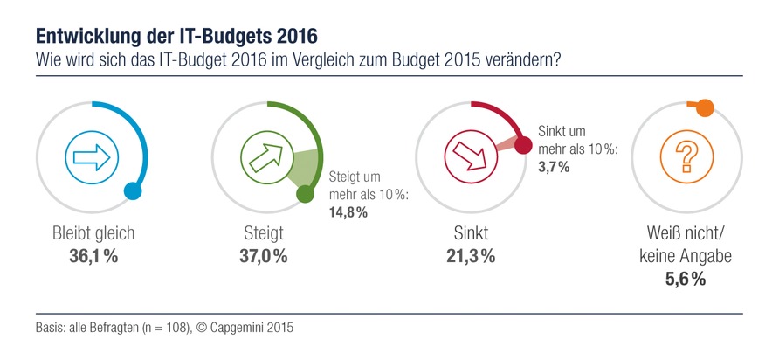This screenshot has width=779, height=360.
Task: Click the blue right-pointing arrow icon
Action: click(x=87, y=157)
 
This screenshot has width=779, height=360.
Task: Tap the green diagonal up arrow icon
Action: click(x=264, y=157)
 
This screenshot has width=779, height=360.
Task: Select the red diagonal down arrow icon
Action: click(x=466, y=157)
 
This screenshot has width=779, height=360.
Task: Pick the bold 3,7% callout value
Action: click(x=554, y=167)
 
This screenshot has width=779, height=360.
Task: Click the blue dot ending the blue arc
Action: click(x=133, y=191)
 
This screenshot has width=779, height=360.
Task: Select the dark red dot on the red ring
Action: click(x=523, y=145)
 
